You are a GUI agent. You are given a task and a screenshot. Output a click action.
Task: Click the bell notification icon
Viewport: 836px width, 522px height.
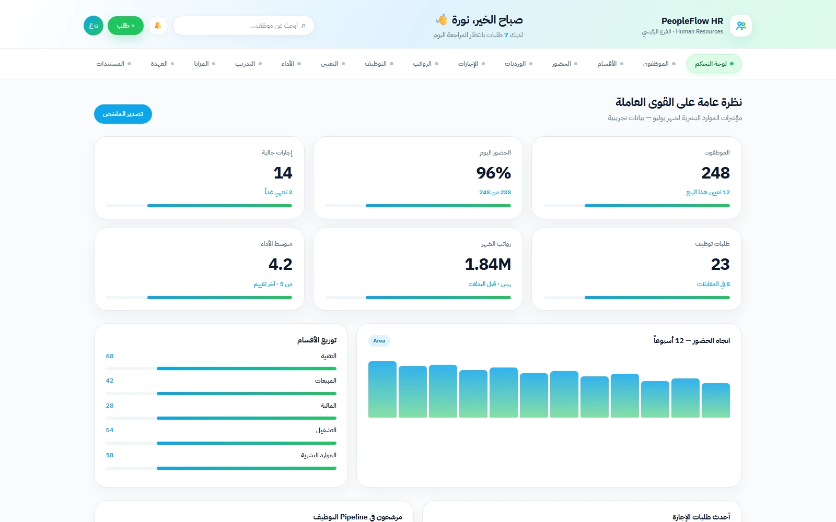pyautogui.click(x=158, y=26)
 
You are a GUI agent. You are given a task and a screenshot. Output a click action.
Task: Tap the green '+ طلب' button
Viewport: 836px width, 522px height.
pyautogui.click(x=125, y=26)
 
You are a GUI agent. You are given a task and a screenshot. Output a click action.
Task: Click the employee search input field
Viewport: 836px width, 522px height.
pyautogui.click(x=243, y=26)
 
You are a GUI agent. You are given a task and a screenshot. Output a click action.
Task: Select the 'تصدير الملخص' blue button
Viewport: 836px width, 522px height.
pyautogui.click(x=123, y=114)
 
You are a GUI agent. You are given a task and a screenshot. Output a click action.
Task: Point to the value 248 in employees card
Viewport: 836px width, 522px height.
pyautogui.click(x=715, y=173)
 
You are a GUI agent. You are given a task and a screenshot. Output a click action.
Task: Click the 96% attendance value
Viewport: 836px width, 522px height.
pyautogui.click(x=493, y=173)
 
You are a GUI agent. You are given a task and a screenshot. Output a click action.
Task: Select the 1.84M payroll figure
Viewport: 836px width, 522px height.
pyautogui.click(x=488, y=264)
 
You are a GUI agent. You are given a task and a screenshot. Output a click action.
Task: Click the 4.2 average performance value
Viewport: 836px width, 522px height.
pyautogui.click(x=280, y=264)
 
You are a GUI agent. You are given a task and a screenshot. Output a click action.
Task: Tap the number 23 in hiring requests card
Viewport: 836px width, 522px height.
pyautogui.click(x=721, y=264)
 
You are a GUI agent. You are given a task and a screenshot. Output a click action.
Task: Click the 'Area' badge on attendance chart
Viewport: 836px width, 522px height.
pyautogui.click(x=379, y=340)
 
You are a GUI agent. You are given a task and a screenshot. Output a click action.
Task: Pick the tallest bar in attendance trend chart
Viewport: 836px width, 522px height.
pyautogui.click(x=382, y=389)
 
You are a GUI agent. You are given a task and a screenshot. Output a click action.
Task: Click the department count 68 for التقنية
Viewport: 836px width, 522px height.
pyautogui.click(x=109, y=356)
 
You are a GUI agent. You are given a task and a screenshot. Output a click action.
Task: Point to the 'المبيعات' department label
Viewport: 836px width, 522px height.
pyautogui.click(x=326, y=381)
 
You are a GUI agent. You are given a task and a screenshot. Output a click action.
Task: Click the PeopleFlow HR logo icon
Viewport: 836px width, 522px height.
pyautogui.click(x=741, y=26)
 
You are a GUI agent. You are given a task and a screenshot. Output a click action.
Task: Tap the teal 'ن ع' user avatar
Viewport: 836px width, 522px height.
pyautogui.click(x=94, y=26)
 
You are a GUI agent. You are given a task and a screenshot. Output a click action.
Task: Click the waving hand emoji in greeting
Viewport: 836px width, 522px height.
pyautogui.click(x=442, y=20)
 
